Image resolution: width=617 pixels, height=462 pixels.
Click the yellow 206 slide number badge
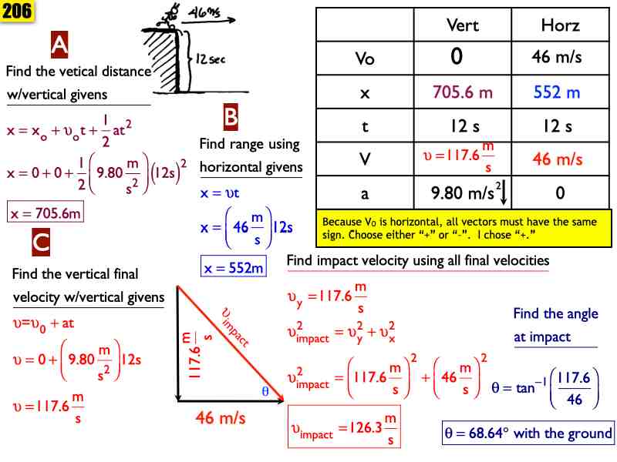(16, 11)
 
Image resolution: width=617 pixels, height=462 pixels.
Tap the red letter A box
(59, 46)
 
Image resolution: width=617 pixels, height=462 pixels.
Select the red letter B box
(231, 117)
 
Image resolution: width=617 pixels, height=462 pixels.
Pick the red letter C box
(41, 243)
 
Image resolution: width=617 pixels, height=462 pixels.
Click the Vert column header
(463, 25)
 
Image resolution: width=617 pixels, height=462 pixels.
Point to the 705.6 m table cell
(463, 93)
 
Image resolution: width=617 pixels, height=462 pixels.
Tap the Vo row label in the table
(365, 59)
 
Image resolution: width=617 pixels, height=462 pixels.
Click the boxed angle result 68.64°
(528, 434)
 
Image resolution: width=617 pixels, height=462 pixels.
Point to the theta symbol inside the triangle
(265, 391)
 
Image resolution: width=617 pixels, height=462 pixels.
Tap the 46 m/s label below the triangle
(220, 419)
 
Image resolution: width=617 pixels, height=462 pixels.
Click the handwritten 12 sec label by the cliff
(210, 59)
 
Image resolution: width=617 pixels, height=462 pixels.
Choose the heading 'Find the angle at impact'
(555, 325)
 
